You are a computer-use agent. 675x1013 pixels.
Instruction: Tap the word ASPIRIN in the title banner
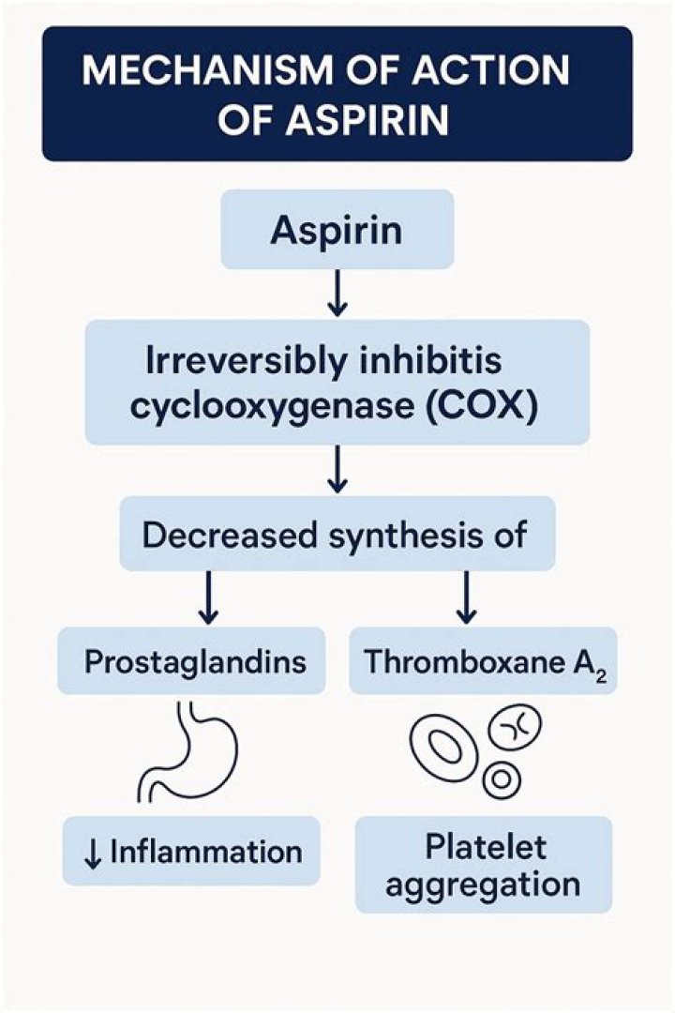(x=383, y=121)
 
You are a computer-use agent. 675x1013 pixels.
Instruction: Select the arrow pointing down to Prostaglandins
(x=209, y=597)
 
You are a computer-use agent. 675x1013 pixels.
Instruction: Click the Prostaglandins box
(x=195, y=662)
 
